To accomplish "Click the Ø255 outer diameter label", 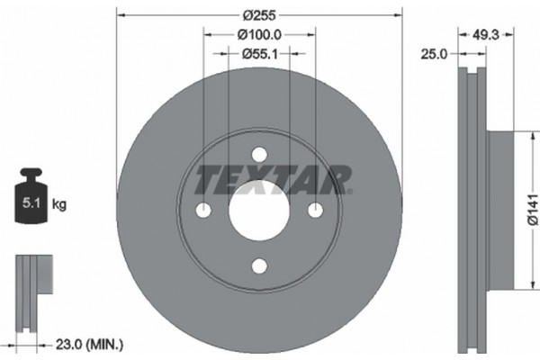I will (259, 14).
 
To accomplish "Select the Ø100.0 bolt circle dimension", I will (259, 34).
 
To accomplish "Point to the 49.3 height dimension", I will (486, 34).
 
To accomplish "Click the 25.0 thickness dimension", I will (435, 55).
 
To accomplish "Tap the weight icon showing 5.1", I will (31, 200).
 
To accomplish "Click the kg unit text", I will (59, 205).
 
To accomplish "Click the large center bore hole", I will (259, 210).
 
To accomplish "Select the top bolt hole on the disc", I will (259, 154).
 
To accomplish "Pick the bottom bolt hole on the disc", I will (259, 265).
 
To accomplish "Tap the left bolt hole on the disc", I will (203, 210).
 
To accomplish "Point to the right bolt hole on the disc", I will (315, 210).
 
